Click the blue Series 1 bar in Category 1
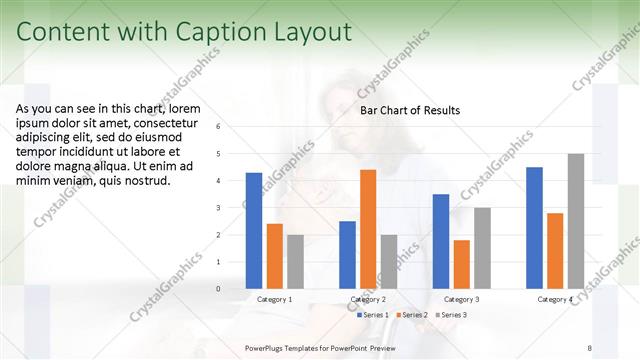pyautogui.click(x=254, y=231)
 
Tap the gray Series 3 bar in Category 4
pyautogui.click(x=576, y=221)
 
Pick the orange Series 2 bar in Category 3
pyautogui.click(x=461, y=264)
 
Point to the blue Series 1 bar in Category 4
pyautogui.click(x=534, y=228)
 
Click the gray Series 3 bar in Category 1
pyautogui.click(x=295, y=262)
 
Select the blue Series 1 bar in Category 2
pyautogui.click(x=347, y=255)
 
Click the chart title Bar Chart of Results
pyautogui.click(x=410, y=110)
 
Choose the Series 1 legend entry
pyautogui.click(x=375, y=315)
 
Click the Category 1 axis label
pyautogui.click(x=275, y=299)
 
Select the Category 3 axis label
pyautogui.click(x=461, y=299)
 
